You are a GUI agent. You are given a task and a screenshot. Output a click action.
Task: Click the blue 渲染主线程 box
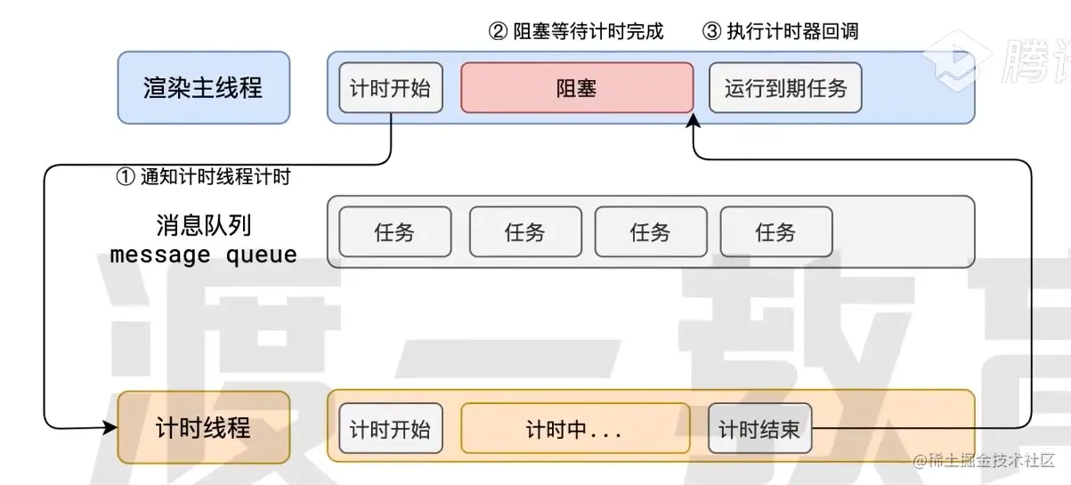[203, 87]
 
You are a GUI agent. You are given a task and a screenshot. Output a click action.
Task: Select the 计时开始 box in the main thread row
[390, 87]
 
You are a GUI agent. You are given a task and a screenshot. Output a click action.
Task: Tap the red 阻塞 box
[576, 87]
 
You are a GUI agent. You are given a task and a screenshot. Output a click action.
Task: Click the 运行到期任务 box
[785, 87]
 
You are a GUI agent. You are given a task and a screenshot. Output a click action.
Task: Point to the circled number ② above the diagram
[499, 32]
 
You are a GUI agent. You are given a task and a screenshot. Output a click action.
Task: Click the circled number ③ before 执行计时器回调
[711, 32]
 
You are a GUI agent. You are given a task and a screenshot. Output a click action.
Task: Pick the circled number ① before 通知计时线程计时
[126, 176]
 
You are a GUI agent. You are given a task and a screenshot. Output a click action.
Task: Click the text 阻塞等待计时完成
[589, 32]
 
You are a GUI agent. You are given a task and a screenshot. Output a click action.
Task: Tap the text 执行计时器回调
[791, 32]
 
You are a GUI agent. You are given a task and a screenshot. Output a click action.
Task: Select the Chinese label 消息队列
[197, 224]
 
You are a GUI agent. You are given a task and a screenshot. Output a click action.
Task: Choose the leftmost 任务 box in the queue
[394, 232]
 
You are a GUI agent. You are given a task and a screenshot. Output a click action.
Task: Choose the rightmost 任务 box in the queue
[775, 232]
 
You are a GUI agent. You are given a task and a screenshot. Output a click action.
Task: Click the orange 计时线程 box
[203, 428]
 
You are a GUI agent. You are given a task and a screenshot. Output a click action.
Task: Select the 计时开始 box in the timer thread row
[390, 429]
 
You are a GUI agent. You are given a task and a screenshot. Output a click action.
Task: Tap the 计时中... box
[574, 429]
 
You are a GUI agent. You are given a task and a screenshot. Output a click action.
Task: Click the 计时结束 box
[759, 429]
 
